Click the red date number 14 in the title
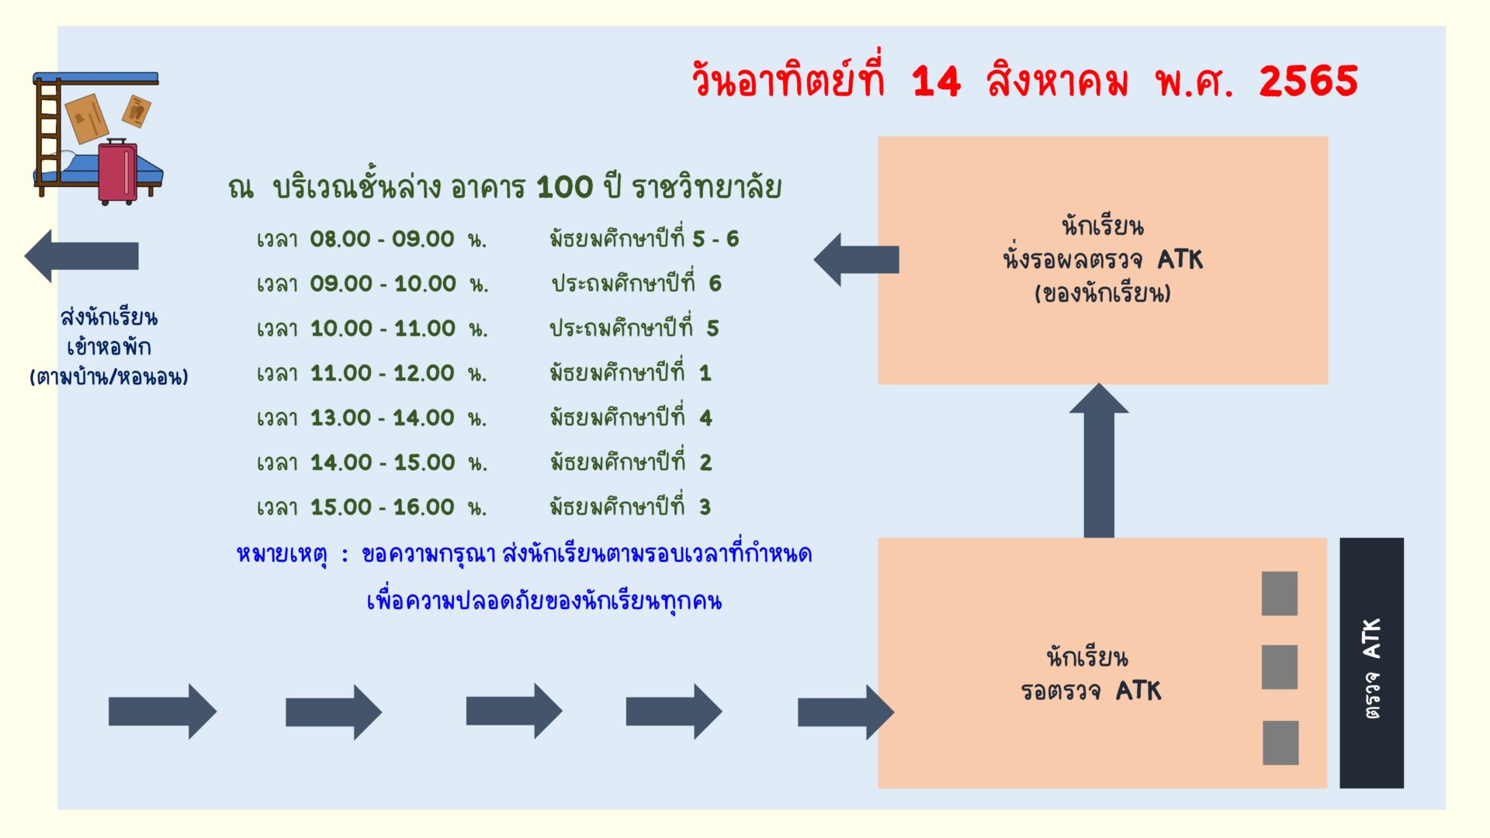click(937, 81)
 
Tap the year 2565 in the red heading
click(1308, 81)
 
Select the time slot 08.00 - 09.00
click(382, 239)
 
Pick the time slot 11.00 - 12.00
click(383, 373)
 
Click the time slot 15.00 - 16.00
click(383, 507)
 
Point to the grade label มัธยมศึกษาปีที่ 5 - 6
click(644, 237)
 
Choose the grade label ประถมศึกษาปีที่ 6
click(636, 282)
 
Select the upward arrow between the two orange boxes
click(1099, 460)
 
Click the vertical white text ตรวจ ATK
click(1372, 668)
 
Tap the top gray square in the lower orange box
click(1280, 594)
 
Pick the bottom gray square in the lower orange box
click(1280, 743)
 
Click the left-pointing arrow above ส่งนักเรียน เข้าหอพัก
click(81, 256)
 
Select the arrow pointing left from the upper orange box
click(856, 259)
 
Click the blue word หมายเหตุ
click(282, 555)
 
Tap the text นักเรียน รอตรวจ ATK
click(1090, 674)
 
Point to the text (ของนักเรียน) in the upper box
click(1102, 293)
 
